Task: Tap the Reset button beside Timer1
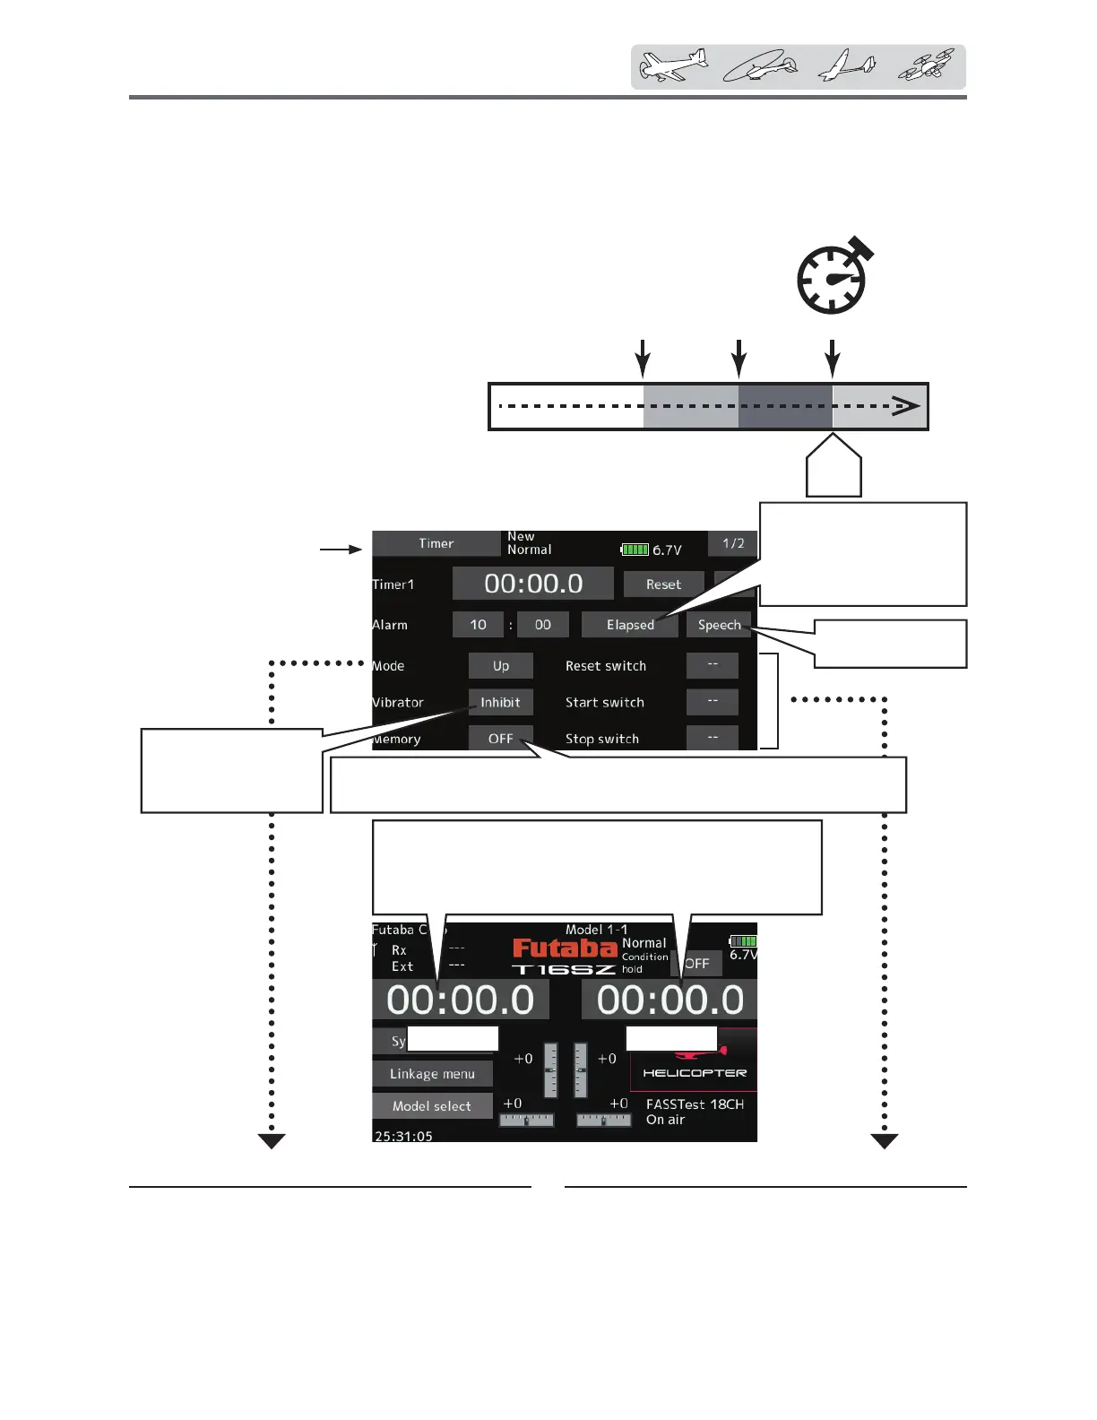(x=663, y=584)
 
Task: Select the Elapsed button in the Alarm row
(x=630, y=625)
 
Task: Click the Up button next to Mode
(x=501, y=666)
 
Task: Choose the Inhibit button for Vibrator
(x=500, y=703)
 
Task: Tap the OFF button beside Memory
(x=500, y=739)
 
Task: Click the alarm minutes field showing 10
(x=478, y=625)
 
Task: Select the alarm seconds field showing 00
(x=542, y=625)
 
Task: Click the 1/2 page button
(x=732, y=543)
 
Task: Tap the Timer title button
(x=436, y=543)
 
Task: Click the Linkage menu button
(x=432, y=1074)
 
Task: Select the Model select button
(x=432, y=1106)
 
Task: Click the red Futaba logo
(x=565, y=948)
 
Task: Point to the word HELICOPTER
(x=695, y=1073)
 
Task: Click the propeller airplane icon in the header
(x=673, y=66)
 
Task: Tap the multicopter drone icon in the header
(x=927, y=66)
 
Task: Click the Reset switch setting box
(x=713, y=665)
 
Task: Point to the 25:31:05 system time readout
(x=403, y=1136)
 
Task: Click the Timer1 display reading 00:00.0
(x=533, y=584)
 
